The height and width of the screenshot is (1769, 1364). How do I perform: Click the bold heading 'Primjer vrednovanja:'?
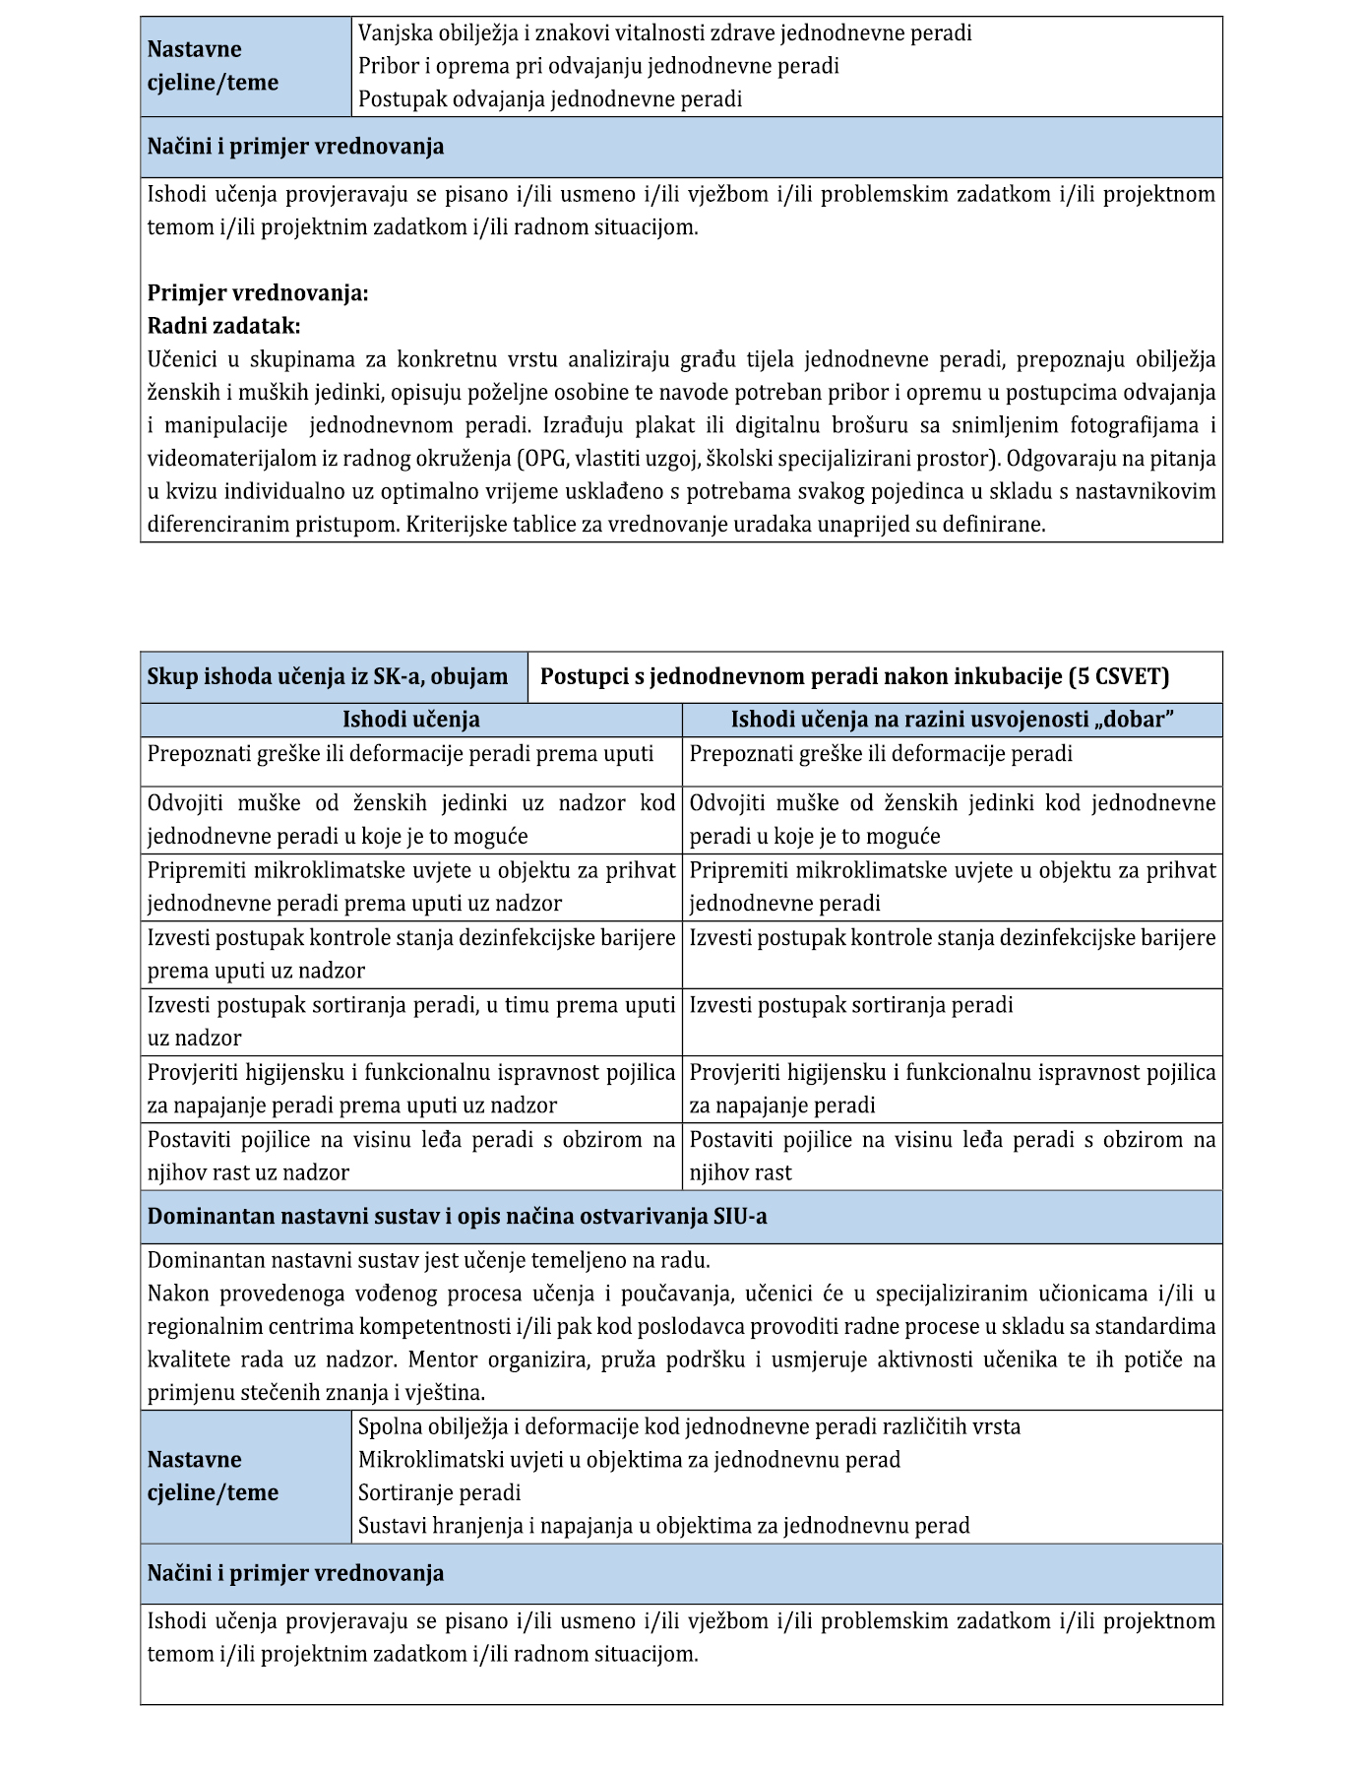coord(258,293)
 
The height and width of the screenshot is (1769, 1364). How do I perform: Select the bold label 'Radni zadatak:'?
coord(223,326)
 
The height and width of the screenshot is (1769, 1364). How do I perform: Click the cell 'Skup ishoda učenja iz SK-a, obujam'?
coord(328,677)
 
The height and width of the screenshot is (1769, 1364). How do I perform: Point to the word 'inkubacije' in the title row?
coord(1012,677)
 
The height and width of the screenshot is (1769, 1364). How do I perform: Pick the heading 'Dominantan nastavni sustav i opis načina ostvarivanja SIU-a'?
coord(457,1217)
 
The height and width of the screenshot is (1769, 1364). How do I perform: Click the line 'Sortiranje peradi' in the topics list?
coord(439,1492)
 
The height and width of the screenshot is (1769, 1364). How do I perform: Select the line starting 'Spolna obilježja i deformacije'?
coord(689,1426)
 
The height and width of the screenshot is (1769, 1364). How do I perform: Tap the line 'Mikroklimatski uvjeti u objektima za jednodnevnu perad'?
coord(629,1460)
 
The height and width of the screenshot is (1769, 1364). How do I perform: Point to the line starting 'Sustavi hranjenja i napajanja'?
coord(663,1526)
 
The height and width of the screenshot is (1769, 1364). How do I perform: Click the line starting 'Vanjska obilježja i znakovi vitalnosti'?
coord(664,33)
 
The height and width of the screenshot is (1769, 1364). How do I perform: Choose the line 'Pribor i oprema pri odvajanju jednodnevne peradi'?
coord(598,66)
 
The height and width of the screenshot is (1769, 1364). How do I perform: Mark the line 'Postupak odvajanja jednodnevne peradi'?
coord(549,99)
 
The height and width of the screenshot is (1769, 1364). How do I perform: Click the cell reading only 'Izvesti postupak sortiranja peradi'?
coord(850,1006)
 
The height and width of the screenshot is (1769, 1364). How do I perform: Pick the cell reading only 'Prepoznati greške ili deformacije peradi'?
coord(880,754)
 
